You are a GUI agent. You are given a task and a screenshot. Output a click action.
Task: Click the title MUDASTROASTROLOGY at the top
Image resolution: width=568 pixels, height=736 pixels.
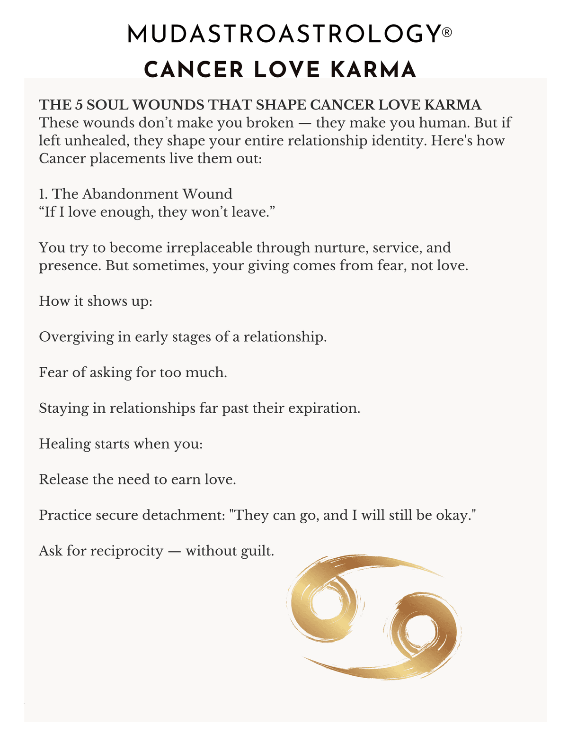[x=283, y=35]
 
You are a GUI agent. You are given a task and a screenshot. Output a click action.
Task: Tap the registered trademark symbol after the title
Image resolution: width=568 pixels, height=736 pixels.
[x=446, y=32]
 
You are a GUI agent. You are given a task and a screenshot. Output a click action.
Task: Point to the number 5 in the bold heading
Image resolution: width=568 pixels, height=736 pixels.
[x=79, y=105]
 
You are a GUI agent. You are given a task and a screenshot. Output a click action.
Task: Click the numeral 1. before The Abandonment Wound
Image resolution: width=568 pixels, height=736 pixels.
[x=44, y=194]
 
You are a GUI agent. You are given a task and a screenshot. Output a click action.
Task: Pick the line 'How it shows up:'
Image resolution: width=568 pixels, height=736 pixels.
[x=96, y=301]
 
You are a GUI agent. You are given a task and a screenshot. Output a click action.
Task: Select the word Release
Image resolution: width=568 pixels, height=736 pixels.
[x=63, y=480]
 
